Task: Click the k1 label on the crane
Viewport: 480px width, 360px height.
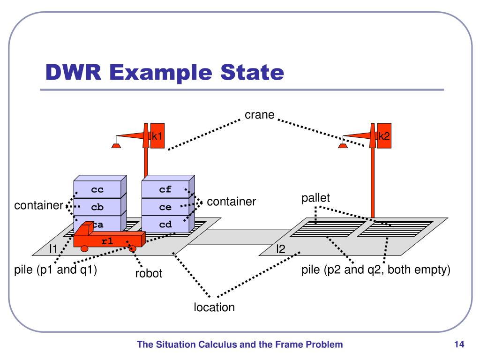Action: pyautogui.click(x=157, y=136)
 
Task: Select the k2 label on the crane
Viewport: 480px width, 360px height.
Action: pyautogui.click(x=384, y=136)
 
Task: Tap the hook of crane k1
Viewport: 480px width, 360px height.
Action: pyautogui.click(x=116, y=145)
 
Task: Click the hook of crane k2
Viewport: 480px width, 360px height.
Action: pyautogui.click(x=343, y=145)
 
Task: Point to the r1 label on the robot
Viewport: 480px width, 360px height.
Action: pyautogui.click(x=107, y=241)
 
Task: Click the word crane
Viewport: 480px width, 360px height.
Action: pyautogui.click(x=259, y=115)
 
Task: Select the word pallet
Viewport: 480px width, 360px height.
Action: pyautogui.click(x=315, y=198)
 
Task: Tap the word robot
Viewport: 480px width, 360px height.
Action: pyautogui.click(x=149, y=273)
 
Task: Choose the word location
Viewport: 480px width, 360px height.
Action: pyautogui.click(x=214, y=307)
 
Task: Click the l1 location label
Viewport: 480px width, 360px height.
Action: pyautogui.click(x=53, y=249)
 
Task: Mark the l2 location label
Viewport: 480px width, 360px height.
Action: pyautogui.click(x=280, y=249)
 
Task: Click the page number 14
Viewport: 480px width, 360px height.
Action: pyautogui.click(x=459, y=345)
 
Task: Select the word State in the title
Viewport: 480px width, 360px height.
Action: pyautogui.click(x=252, y=72)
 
